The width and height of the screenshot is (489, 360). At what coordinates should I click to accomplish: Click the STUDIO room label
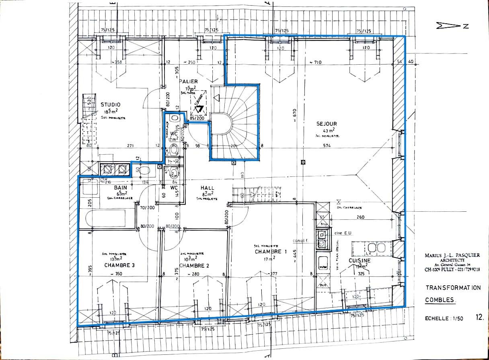tap(110, 104)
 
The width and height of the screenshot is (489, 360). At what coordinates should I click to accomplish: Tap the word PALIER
tap(189, 81)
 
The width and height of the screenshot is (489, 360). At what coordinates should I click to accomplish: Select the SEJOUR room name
tap(326, 124)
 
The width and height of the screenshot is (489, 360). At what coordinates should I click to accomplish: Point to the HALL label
tap(207, 188)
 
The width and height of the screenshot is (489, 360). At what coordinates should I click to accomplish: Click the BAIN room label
tap(120, 188)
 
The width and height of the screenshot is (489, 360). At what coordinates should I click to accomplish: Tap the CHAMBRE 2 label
tap(194, 266)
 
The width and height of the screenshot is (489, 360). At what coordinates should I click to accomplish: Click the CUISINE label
tap(360, 260)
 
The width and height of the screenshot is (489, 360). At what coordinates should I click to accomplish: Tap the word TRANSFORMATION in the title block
tap(453, 288)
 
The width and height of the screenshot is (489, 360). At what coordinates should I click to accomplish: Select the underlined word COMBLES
tap(440, 300)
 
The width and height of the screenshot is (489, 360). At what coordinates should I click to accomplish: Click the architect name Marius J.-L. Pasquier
tap(452, 255)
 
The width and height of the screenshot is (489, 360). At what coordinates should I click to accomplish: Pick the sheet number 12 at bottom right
tap(479, 317)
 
